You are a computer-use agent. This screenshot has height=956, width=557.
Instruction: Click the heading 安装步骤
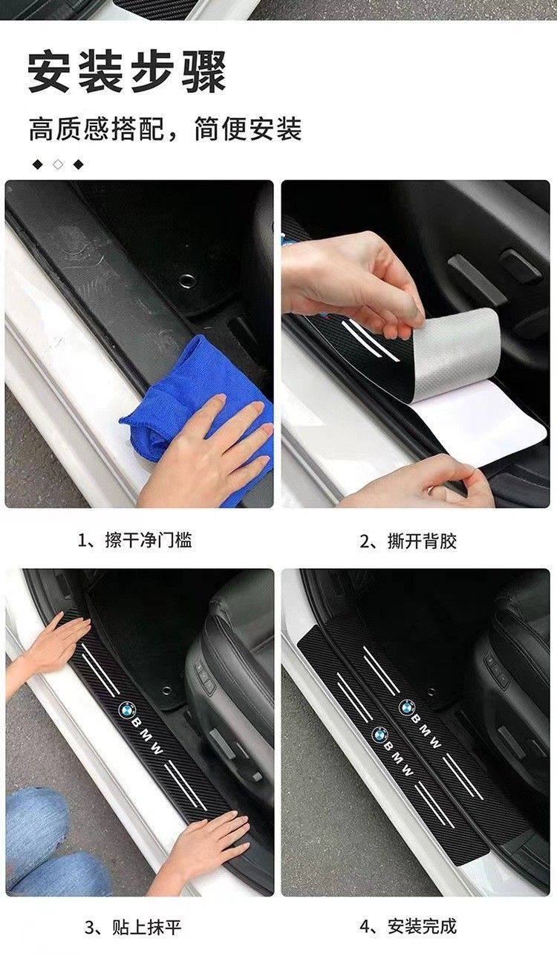coord(127,71)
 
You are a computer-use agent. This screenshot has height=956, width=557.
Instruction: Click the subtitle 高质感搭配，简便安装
coord(165,129)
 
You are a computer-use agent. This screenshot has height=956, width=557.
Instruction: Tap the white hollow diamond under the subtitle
coord(58,164)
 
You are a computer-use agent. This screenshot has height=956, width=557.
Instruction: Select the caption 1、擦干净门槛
coord(135,541)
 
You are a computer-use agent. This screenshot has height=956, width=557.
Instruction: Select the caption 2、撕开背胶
coord(408,542)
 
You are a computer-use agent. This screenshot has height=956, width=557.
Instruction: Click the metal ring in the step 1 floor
coord(188,280)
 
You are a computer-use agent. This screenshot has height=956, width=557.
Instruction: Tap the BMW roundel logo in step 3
coord(127,709)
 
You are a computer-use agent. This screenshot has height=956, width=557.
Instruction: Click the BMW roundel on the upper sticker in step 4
coord(407,706)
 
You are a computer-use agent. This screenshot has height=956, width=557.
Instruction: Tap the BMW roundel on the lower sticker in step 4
coord(380,734)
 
